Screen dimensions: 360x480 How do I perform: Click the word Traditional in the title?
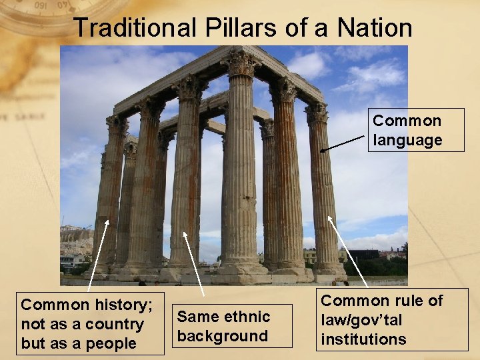tap(133, 28)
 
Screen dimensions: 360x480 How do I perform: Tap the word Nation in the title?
tap(375, 28)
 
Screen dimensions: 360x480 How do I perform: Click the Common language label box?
tap(416, 130)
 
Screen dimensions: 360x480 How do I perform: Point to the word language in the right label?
tap(408, 140)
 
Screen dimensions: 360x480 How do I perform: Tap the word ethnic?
tap(247, 317)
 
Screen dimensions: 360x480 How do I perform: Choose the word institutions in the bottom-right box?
tap(363, 339)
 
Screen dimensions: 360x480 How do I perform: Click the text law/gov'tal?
tap(361, 320)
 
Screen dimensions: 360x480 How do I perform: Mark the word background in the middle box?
tap(222, 336)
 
